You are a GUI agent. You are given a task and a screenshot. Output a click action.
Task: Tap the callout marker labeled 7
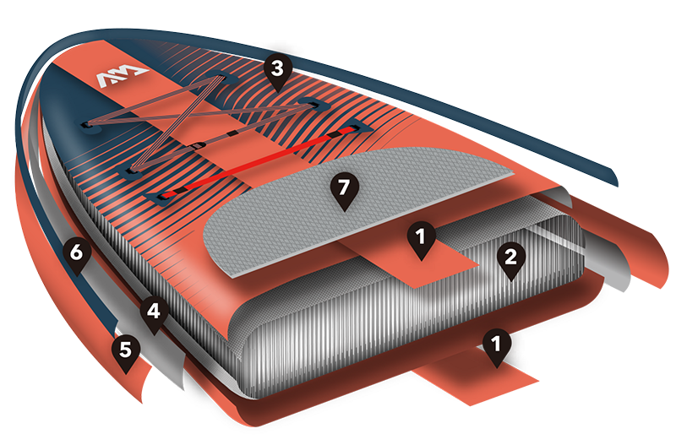(x=344, y=191)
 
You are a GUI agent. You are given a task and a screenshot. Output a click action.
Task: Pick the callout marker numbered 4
(x=154, y=314)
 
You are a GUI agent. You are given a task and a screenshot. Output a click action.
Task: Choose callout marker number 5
(x=125, y=352)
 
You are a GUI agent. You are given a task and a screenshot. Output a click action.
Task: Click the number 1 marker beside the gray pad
(x=421, y=240)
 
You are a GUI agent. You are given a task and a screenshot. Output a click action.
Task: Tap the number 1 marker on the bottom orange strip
(x=497, y=347)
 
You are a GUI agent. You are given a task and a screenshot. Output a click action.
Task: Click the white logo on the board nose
(x=122, y=76)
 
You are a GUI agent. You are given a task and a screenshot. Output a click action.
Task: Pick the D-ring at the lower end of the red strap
(x=161, y=198)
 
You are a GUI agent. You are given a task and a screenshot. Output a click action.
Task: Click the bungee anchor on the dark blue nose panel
(x=89, y=126)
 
